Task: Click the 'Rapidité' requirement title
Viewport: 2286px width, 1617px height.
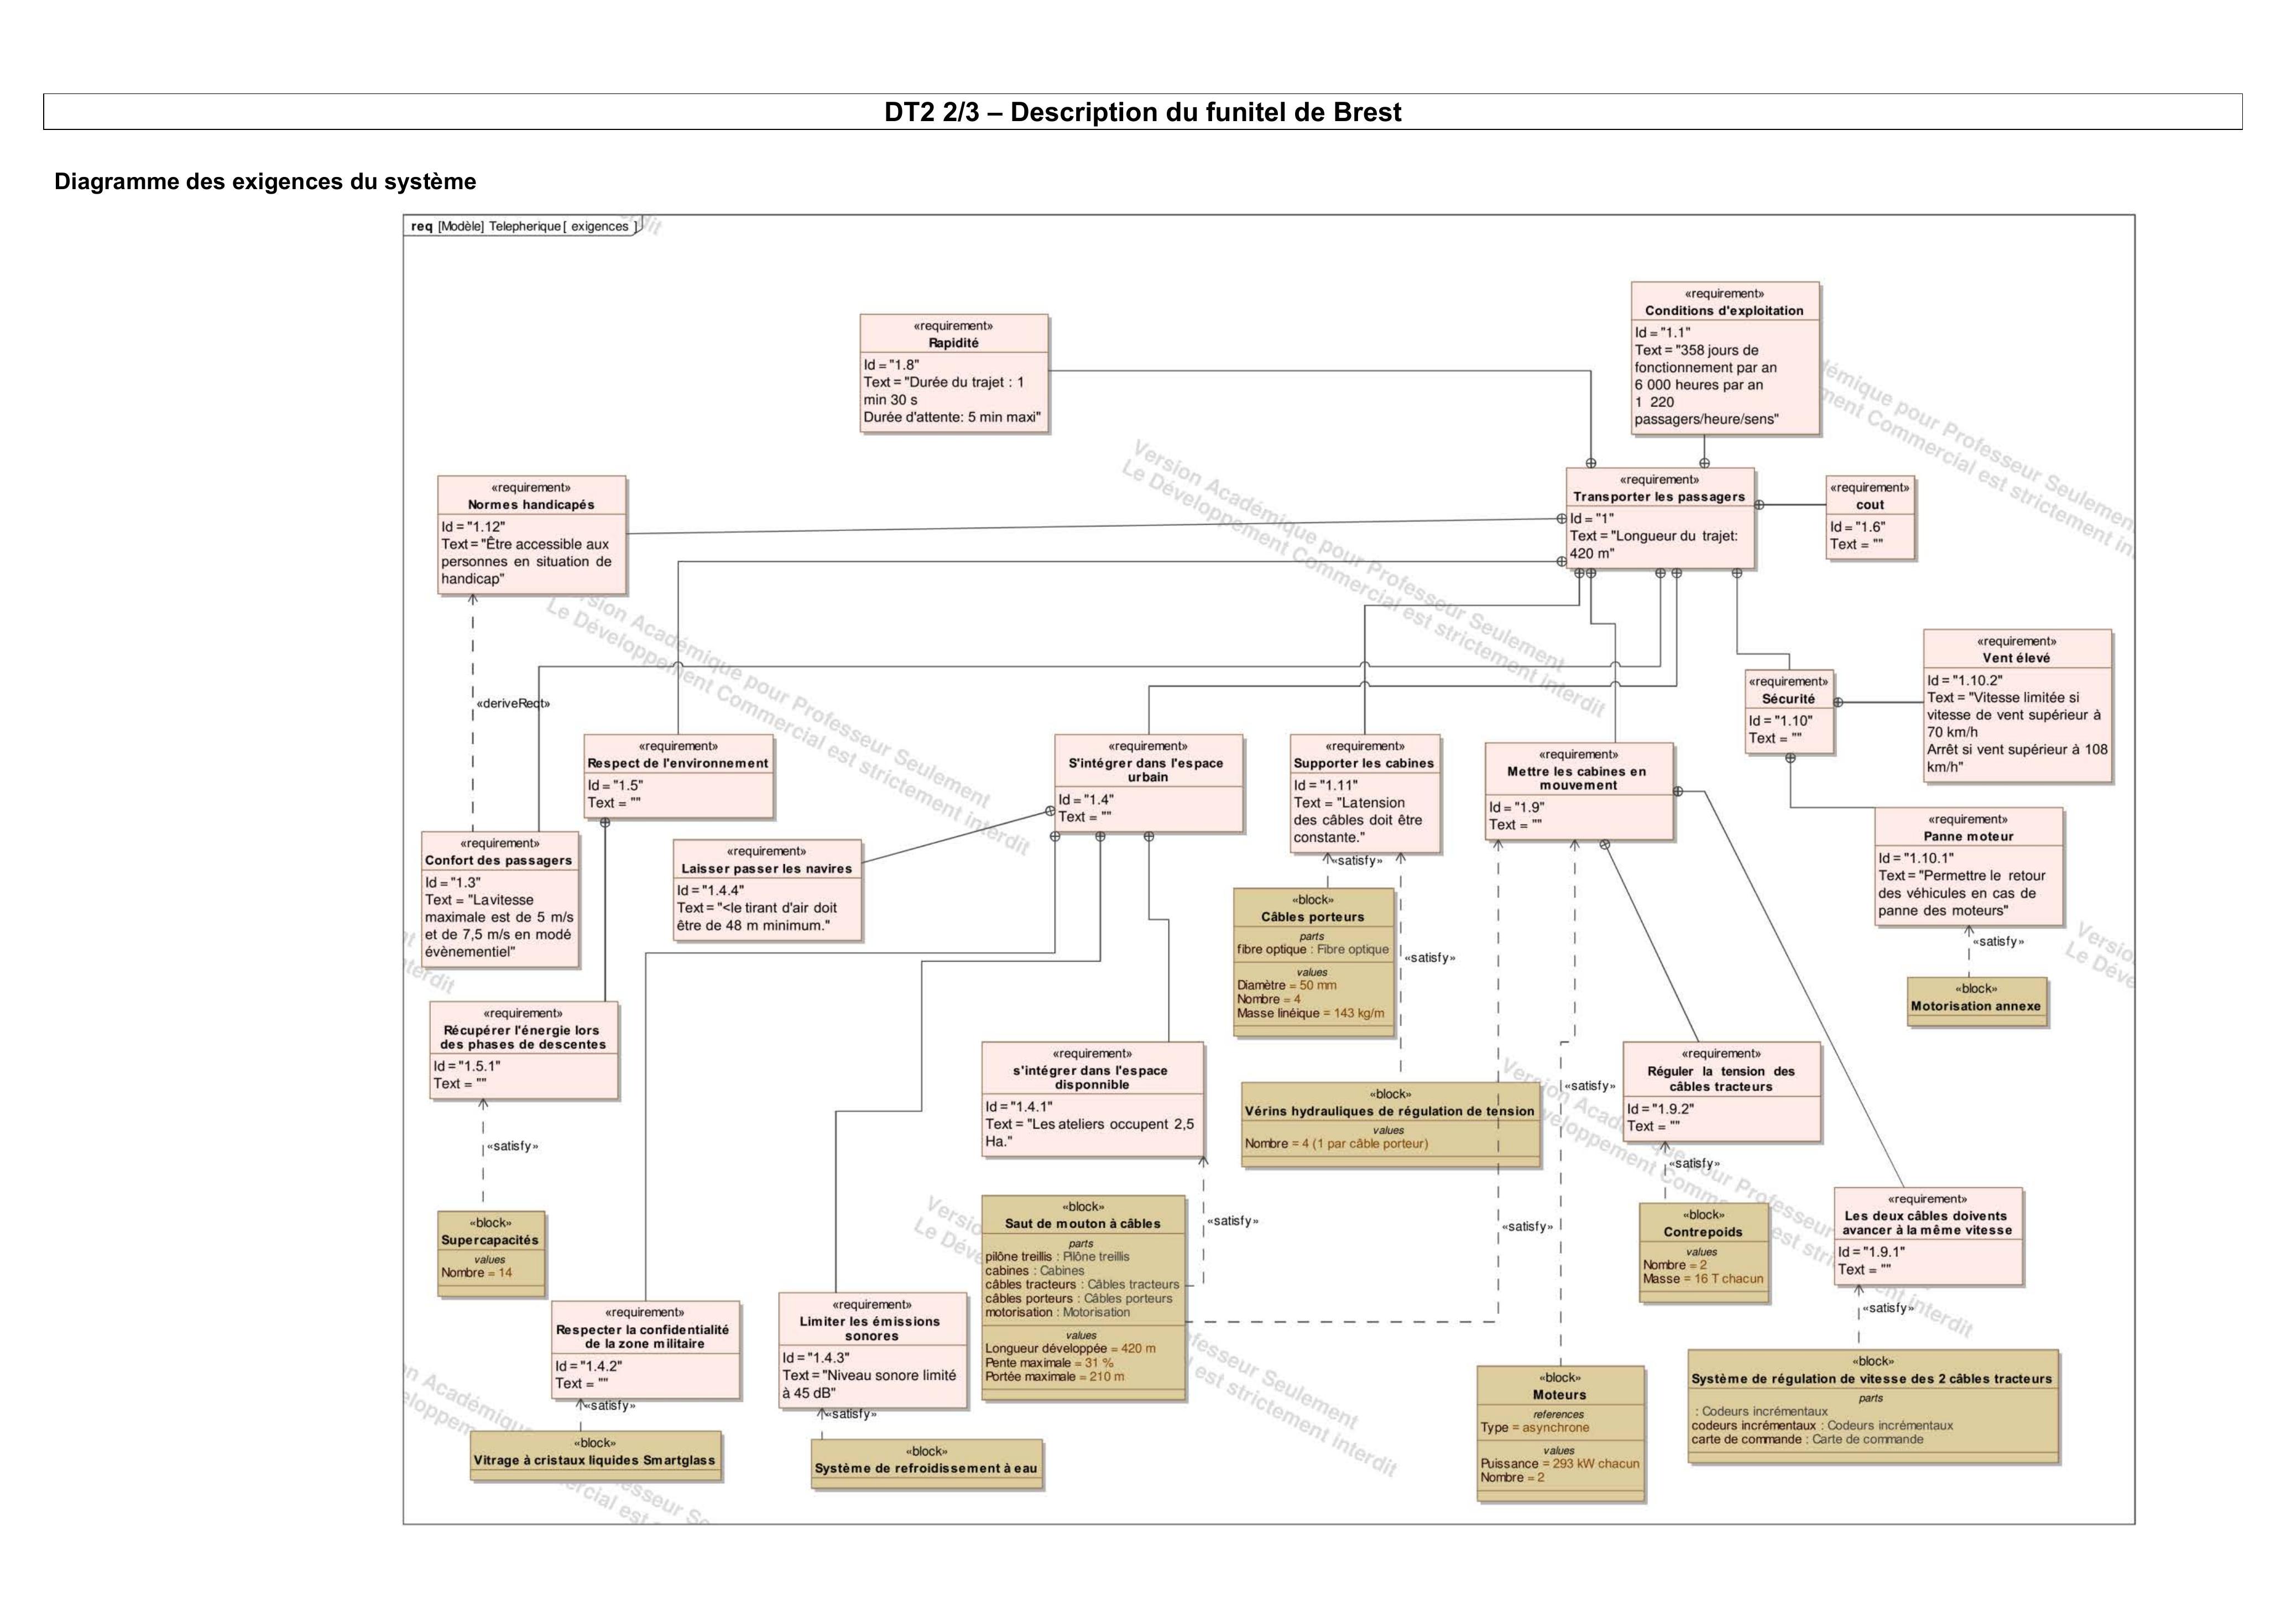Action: pyautogui.click(x=954, y=342)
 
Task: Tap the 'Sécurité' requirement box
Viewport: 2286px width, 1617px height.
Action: pyautogui.click(x=1789, y=711)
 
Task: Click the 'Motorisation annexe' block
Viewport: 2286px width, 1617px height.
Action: pyautogui.click(x=1975, y=1002)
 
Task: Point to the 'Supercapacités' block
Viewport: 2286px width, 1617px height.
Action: pyautogui.click(x=491, y=1253)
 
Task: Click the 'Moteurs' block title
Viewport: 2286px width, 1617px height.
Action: pyautogui.click(x=1559, y=1395)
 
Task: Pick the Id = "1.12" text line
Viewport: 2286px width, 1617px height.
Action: pyautogui.click(x=474, y=526)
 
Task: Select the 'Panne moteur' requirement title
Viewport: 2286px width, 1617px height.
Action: pyautogui.click(x=1969, y=836)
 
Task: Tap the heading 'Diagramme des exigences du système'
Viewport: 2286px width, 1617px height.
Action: pyautogui.click(x=265, y=182)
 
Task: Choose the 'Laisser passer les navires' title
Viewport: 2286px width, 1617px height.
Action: pyautogui.click(x=766, y=868)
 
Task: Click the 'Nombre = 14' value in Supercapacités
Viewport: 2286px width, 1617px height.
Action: pyautogui.click(x=477, y=1272)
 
